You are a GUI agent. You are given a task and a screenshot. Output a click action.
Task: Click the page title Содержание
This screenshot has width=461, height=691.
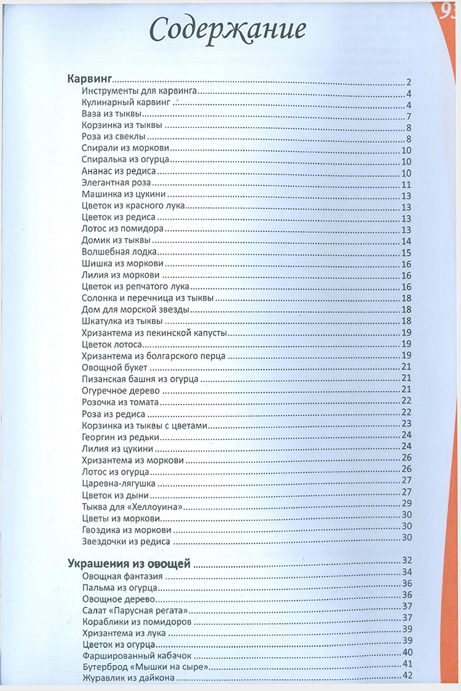point(228,30)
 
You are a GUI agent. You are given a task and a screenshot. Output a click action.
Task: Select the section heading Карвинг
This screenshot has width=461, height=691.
point(88,80)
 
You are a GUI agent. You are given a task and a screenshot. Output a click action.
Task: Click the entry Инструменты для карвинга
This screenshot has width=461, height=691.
point(139,92)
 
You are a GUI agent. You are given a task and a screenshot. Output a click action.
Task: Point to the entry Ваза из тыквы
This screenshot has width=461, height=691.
point(112,115)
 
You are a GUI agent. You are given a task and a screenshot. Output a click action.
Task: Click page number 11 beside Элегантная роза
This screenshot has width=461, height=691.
point(406,185)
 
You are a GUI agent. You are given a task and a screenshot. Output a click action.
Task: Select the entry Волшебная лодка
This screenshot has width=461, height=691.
point(120,252)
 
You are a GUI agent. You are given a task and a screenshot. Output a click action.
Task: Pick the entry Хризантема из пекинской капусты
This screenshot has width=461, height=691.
point(154,333)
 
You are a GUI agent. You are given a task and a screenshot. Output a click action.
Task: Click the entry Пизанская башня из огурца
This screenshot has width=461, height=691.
point(140,379)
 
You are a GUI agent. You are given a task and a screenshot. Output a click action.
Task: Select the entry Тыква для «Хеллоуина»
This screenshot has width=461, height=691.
point(134,505)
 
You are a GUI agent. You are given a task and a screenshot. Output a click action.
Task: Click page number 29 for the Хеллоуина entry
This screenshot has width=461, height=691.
point(406,503)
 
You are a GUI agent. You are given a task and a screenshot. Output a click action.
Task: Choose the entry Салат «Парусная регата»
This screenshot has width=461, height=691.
point(134,610)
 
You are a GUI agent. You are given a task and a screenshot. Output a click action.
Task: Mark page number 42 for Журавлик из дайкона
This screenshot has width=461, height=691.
point(406,676)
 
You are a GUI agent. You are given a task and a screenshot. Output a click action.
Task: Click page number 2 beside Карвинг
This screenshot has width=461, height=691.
point(408,82)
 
